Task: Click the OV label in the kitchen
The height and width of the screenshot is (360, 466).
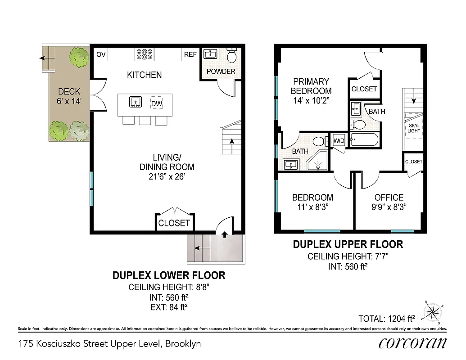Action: pyautogui.click(x=101, y=55)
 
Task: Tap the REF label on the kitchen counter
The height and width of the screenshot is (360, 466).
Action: pyautogui.click(x=190, y=55)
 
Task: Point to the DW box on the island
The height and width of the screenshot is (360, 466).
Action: pyautogui.click(x=157, y=104)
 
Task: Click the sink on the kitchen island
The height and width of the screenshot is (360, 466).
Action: pyautogui.click(x=135, y=102)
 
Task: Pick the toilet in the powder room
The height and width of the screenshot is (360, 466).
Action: pyautogui.click(x=232, y=56)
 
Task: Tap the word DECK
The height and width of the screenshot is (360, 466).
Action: pyautogui.click(x=69, y=92)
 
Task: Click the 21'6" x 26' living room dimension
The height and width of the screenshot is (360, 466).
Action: pyautogui.click(x=167, y=177)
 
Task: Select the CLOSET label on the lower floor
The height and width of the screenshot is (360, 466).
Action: pyautogui.click(x=174, y=223)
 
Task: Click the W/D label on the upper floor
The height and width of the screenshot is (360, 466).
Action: pyautogui.click(x=339, y=141)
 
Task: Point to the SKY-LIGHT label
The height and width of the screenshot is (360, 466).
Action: pyautogui.click(x=414, y=128)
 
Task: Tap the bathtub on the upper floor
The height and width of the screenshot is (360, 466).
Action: pyautogui.click(x=365, y=140)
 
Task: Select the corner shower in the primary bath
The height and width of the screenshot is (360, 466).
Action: pyautogui.click(x=319, y=161)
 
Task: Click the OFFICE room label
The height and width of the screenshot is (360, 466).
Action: pyautogui.click(x=389, y=198)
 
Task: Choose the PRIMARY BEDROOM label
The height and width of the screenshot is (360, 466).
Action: pyautogui.click(x=312, y=86)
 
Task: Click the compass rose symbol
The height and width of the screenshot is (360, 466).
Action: pyautogui.click(x=434, y=311)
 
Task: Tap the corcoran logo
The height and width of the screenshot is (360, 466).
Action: pyautogui.click(x=412, y=343)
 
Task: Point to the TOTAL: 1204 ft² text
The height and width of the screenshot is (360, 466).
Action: pyautogui.click(x=386, y=319)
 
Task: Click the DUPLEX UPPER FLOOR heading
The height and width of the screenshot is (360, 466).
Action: pyautogui.click(x=348, y=245)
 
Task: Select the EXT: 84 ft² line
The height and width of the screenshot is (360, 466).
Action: pyautogui.click(x=168, y=307)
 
